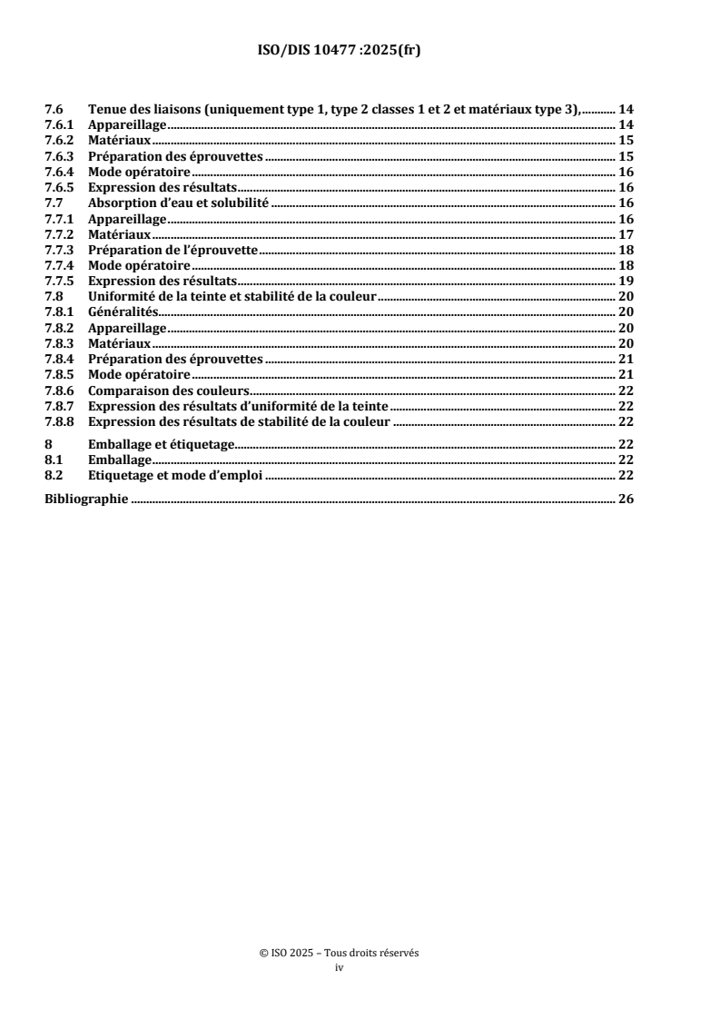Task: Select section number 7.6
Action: coord(54,110)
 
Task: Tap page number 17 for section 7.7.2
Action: coord(626,234)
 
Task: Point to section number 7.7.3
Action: coord(60,250)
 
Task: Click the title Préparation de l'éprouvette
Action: coord(173,250)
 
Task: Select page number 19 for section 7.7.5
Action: coord(626,282)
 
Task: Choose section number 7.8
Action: coord(54,297)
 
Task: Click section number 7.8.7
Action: coord(60,406)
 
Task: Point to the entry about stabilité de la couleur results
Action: coord(240,421)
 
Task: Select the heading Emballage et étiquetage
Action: coord(160,444)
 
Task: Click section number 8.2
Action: coord(54,475)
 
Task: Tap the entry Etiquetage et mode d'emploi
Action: coord(174,475)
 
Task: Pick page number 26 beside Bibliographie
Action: coord(626,499)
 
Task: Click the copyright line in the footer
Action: coord(339,954)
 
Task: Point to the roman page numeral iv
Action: coord(339,968)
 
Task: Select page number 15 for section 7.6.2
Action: coord(626,141)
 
